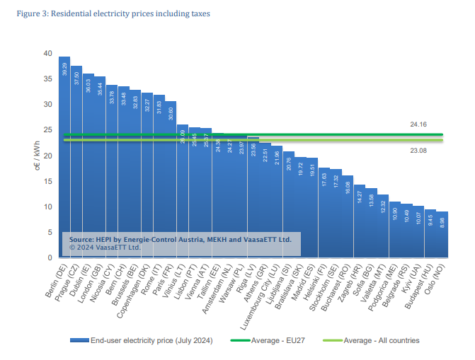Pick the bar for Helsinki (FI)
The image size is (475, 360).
324,212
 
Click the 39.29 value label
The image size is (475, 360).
64,69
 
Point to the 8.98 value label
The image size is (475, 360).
442,221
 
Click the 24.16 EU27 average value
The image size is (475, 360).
418,124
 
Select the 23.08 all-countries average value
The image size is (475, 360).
418,150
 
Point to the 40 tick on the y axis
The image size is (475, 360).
47,54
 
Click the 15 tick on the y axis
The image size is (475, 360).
47,181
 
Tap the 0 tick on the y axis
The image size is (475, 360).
50,257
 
